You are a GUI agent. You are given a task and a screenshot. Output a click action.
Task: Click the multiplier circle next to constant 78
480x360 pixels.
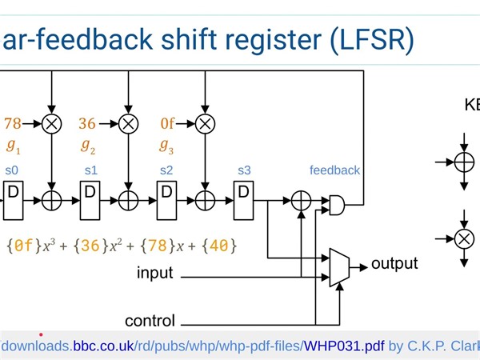pyautogui.click(x=52, y=123)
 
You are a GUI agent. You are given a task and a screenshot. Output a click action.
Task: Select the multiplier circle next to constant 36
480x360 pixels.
pyautogui.click(x=128, y=123)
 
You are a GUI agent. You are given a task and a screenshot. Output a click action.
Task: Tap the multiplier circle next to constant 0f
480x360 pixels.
pyautogui.click(x=205, y=123)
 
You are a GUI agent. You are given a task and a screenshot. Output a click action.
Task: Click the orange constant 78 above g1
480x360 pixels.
pyautogui.click(x=13, y=123)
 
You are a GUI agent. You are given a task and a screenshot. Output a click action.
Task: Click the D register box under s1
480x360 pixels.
pyautogui.click(x=90, y=193)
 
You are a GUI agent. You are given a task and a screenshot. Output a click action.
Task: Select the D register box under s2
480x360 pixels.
pyautogui.click(x=166, y=193)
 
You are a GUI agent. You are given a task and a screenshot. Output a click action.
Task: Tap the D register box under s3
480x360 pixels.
pyautogui.click(x=243, y=193)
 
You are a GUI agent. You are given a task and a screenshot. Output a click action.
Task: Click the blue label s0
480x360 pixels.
pyautogui.click(x=12, y=170)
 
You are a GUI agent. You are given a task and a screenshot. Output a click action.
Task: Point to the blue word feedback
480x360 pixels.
pyautogui.click(x=334, y=170)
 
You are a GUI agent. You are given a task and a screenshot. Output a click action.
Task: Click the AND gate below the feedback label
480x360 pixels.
pyautogui.click(x=338, y=205)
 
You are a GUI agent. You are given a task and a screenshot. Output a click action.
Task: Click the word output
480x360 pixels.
pyautogui.click(x=394, y=263)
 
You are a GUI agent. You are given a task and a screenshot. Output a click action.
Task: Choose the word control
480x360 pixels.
pyautogui.click(x=150, y=322)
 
